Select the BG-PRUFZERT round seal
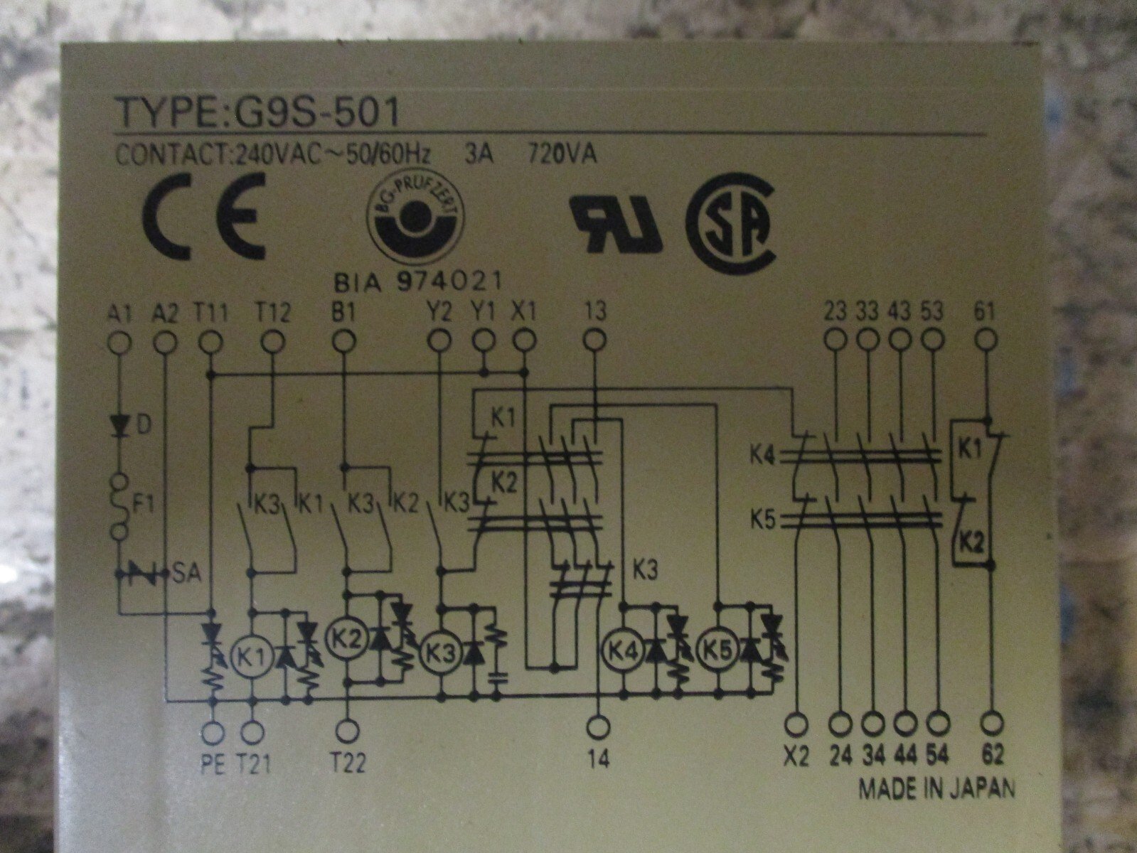point(416,219)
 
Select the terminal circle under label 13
point(596,340)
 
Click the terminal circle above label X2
point(796,723)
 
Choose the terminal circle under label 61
point(987,340)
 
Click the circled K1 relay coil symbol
point(251,658)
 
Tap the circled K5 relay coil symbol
point(718,650)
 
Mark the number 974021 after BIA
point(449,282)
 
